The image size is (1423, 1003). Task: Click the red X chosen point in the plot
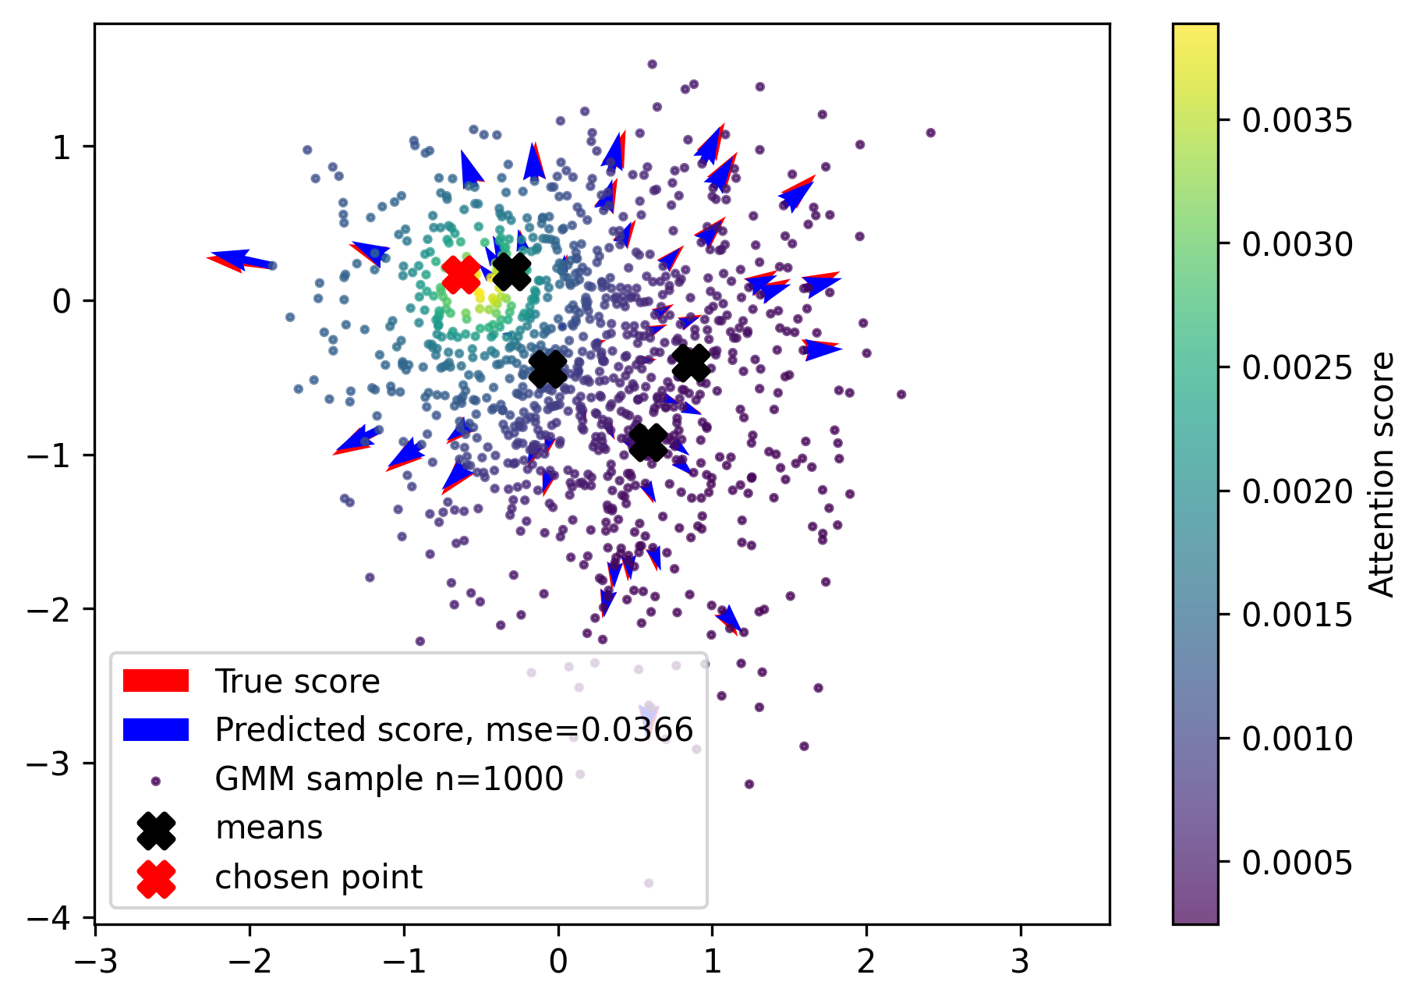[461, 275]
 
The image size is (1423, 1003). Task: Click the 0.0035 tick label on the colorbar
[1297, 121]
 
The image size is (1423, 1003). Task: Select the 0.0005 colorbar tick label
[1297, 863]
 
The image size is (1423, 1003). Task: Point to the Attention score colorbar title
[1382, 474]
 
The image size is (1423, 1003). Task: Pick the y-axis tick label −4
[59, 917]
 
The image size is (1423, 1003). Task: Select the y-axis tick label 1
[63, 147]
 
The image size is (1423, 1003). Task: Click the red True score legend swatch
[156, 681]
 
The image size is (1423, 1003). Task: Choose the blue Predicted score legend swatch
[156, 729]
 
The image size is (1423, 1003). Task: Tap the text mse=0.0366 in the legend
[589, 730]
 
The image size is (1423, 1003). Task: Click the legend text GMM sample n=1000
[389, 778]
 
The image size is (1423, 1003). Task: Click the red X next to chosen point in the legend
[156, 878]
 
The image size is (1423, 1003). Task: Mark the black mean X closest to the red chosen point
[512, 271]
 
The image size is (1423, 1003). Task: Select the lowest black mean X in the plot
[648, 442]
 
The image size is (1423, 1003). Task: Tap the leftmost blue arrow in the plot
[238, 259]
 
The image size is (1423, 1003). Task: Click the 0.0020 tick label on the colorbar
[1297, 491]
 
